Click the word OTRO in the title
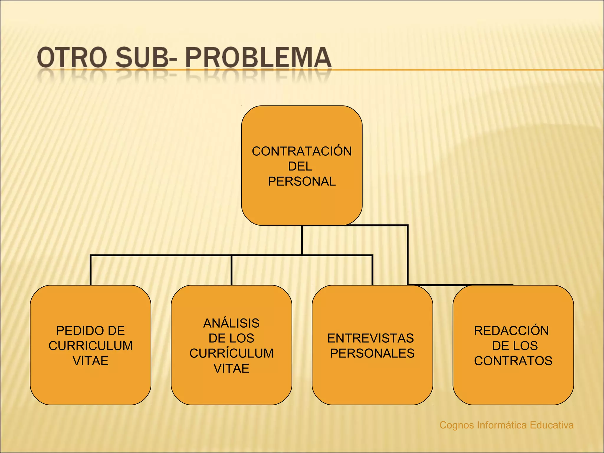[x=72, y=58]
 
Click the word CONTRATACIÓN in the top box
[x=302, y=151]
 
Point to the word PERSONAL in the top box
[x=302, y=181]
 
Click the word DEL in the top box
[x=300, y=166]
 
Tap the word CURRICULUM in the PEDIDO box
[x=91, y=346]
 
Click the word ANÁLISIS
[x=231, y=323]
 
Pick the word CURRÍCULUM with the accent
[x=232, y=353]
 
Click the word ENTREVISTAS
[x=371, y=338]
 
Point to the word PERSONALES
[x=372, y=353]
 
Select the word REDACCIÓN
[x=511, y=331]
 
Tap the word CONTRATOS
[x=513, y=361]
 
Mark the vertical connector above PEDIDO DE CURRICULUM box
[x=91, y=270]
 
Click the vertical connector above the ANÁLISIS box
[x=232, y=270]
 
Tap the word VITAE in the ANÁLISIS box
[x=232, y=368]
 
